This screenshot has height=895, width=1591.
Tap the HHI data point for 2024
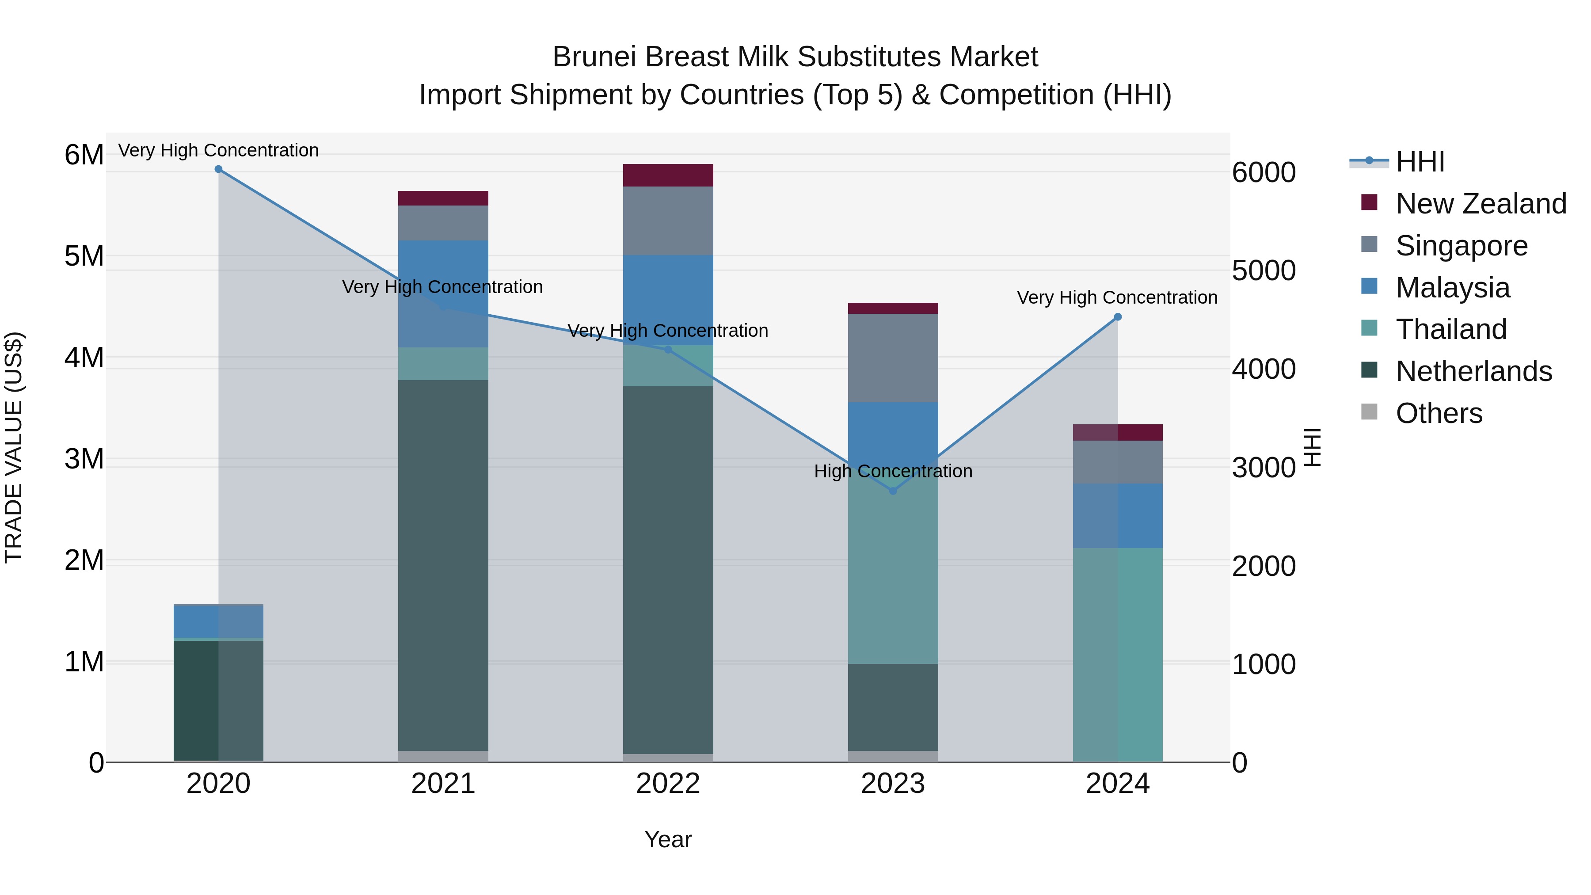[1117, 317]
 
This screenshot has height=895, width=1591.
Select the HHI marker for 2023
[892, 491]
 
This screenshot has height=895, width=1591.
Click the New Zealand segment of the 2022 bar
[668, 175]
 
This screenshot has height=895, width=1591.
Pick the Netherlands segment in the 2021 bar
[443, 565]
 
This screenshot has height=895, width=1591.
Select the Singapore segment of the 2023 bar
[892, 358]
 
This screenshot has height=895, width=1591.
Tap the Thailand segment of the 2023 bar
[892, 575]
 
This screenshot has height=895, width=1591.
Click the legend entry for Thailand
[1451, 329]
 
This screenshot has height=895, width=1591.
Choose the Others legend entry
[1439, 413]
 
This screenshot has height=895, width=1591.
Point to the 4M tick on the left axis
[84, 358]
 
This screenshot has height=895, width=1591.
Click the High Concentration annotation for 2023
[892, 471]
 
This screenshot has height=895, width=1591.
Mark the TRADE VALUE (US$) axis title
[14, 447]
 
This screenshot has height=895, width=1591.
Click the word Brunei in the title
[594, 57]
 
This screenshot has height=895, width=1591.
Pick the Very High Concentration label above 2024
[1117, 298]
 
